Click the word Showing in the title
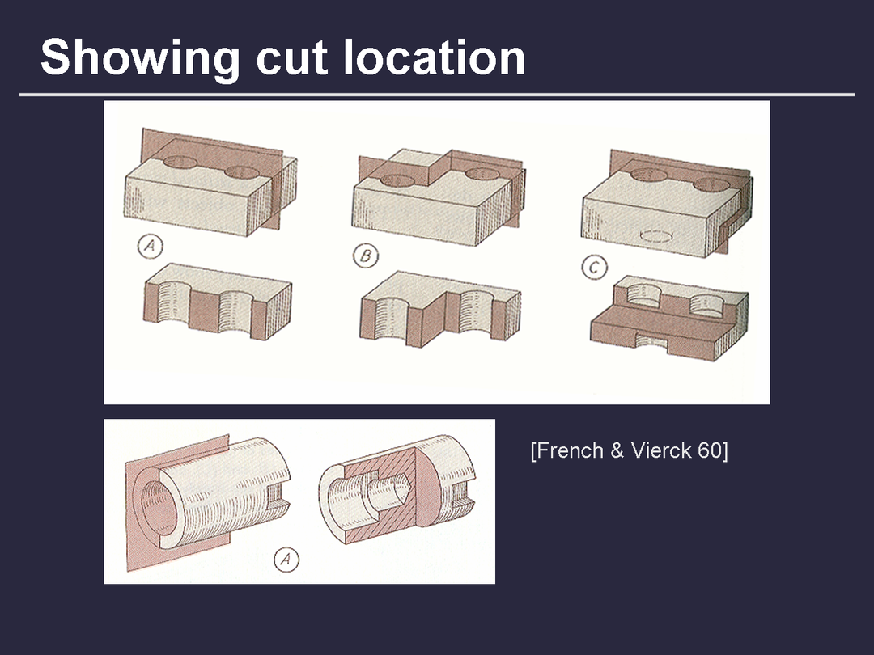[x=140, y=59]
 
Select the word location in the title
[x=435, y=57]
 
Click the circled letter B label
[x=366, y=256]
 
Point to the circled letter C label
[x=595, y=268]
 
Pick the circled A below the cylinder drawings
[x=286, y=560]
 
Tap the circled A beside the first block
[x=151, y=246]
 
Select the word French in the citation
[x=570, y=450]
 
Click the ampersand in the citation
[x=617, y=450]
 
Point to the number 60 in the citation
[x=712, y=450]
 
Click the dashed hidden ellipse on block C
[x=658, y=237]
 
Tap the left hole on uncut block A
[x=180, y=163]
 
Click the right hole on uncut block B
[x=482, y=174]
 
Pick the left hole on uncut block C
[x=649, y=175]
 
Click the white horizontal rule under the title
[x=437, y=95]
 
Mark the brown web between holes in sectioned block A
[x=205, y=312]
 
